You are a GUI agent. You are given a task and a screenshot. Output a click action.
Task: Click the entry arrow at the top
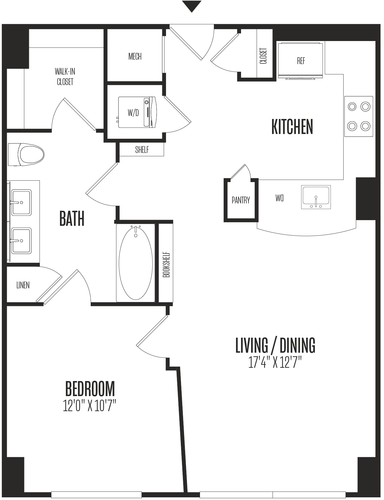click(x=192, y=6)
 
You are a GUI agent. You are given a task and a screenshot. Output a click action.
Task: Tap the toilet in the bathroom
click(x=26, y=154)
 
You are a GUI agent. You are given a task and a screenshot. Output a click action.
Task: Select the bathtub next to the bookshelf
click(x=136, y=263)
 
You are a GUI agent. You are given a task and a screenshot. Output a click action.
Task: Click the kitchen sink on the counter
click(x=316, y=197)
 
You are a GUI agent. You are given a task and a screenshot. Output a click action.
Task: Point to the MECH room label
click(x=135, y=56)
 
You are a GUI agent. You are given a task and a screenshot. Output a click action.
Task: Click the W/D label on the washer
click(x=133, y=112)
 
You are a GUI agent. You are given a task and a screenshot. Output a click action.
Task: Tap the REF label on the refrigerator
click(x=301, y=61)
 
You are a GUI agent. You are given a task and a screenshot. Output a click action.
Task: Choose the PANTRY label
click(x=241, y=200)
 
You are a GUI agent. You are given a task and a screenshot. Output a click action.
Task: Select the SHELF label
click(x=142, y=150)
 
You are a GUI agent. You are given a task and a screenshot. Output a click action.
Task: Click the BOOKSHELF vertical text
click(x=166, y=264)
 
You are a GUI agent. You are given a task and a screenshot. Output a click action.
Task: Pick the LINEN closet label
click(x=23, y=285)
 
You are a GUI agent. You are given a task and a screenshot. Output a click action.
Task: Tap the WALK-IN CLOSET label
click(x=65, y=76)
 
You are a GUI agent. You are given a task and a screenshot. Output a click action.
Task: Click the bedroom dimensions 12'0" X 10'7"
click(x=90, y=406)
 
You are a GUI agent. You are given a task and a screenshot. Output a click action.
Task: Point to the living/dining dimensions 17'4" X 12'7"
click(x=275, y=362)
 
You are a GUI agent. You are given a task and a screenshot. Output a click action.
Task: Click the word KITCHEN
click(x=292, y=127)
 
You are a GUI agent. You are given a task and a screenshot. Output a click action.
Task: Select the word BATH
click(x=72, y=218)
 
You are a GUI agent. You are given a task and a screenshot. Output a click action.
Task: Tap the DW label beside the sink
click(x=279, y=198)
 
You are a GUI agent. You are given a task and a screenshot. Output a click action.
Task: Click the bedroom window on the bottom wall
click(x=96, y=495)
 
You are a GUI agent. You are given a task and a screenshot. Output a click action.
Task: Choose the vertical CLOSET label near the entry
click(x=263, y=56)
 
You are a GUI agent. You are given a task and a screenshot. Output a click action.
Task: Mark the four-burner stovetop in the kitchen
click(x=359, y=116)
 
